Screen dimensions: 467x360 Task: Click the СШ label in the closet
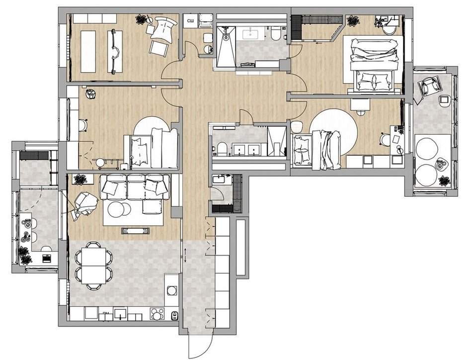(x=190, y=21)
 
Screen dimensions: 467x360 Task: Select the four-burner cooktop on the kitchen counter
(x=157, y=314)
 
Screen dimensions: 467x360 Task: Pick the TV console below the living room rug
(x=136, y=231)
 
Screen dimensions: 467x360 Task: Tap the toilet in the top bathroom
(x=276, y=33)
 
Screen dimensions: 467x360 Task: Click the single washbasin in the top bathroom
(x=251, y=34)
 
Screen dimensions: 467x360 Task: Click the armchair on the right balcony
(x=429, y=85)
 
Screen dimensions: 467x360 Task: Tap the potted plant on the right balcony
(x=444, y=180)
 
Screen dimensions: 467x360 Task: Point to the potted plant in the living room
(x=80, y=180)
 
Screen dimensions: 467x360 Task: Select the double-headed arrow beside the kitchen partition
(x=185, y=256)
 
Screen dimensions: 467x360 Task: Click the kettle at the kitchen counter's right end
(x=175, y=315)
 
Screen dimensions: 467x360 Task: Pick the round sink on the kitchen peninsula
(x=171, y=290)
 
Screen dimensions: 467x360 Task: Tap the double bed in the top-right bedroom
(x=374, y=64)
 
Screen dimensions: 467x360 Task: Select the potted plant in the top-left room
(x=141, y=20)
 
